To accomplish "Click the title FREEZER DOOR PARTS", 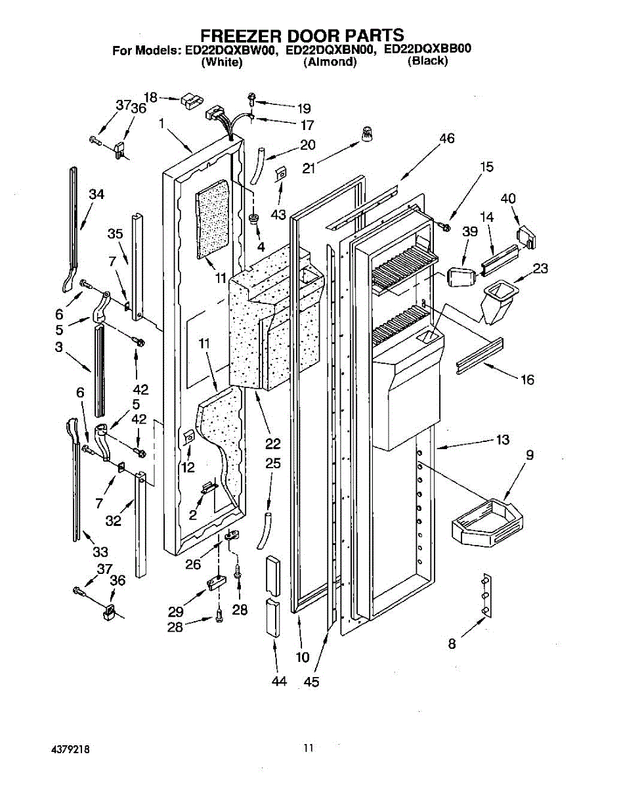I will click(301, 35).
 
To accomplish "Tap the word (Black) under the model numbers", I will click(427, 61).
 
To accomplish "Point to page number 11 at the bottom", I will click(309, 747).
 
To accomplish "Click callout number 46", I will click(446, 139).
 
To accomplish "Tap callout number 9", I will click(529, 454).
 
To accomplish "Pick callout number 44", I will click(280, 682).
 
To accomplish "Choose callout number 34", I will click(96, 194).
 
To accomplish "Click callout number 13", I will click(502, 440).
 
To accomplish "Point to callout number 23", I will click(540, 268).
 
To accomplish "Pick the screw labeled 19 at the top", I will click(252, 99).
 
